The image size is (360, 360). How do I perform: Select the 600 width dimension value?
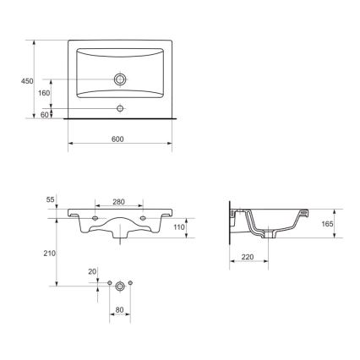point(118,142)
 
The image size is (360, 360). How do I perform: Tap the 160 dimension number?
point(43,93)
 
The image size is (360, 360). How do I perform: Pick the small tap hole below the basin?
point(120,108)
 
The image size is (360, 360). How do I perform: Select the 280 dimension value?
point(118,203)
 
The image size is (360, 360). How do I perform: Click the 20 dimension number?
point(92,271)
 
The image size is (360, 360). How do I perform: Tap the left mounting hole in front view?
point(95,219)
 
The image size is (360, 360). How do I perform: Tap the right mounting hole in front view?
point(144,219)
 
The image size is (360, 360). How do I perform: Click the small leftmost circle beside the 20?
point(108,282)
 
